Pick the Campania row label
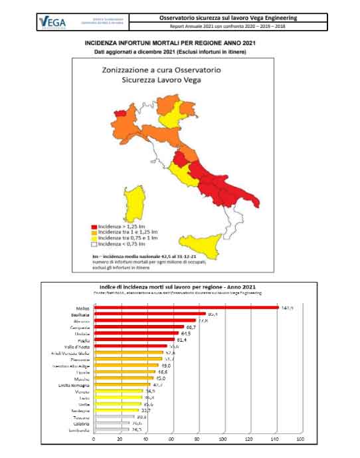(x=80, y=328)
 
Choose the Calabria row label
(x=81, y=422)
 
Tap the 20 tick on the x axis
(x=120, y=439)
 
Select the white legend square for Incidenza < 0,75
(x=94, y=245)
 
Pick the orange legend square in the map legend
(x=94, y=233)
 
